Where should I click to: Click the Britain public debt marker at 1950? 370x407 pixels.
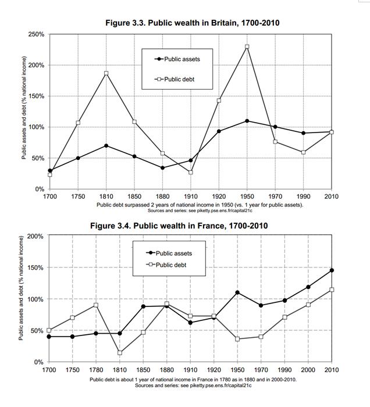point(247,47)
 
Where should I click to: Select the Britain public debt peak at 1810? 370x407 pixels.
point(106,73)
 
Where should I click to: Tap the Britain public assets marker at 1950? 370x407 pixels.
point(247,121)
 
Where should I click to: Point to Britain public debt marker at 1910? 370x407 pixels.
point(190,172)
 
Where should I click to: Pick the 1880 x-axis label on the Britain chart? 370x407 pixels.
point(162,197)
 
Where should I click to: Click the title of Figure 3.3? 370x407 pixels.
point(192,23)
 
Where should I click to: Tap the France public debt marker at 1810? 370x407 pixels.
point(119,353)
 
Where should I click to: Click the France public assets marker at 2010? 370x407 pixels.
point(332,270)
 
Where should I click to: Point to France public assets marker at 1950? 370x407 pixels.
point(237,292)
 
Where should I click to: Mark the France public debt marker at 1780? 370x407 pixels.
point(96,305)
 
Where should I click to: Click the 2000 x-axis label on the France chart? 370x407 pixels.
point(308,370)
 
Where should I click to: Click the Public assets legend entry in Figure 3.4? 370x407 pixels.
point(172,253)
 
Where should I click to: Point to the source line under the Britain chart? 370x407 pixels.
point(191,210)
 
